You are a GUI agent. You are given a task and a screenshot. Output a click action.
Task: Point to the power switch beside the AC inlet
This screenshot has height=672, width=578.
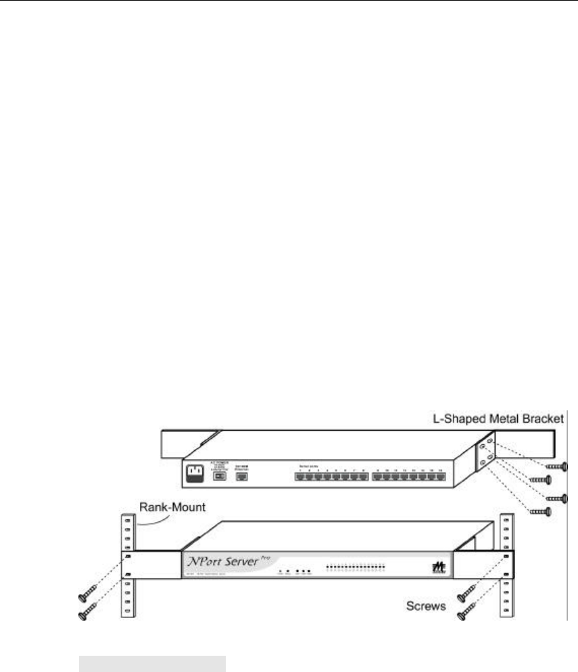(220, 477)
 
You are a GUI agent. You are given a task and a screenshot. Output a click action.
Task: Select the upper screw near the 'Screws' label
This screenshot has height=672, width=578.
(466, 595)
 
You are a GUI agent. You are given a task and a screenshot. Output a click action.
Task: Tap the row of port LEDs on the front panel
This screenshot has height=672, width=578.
(356, 563)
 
